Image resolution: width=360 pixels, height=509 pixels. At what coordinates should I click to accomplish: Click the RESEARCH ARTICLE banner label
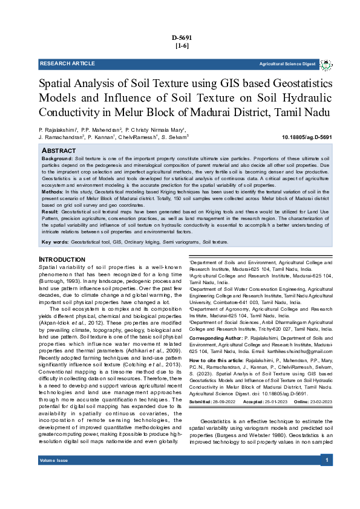click(67, 63)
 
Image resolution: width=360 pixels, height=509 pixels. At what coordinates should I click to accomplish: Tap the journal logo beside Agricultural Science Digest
click(326, 64)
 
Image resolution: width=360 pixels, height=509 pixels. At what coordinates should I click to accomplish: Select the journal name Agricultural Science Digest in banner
click(287, 64)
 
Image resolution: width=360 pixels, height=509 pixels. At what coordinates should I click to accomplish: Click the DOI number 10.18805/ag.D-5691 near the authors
click(307, 137)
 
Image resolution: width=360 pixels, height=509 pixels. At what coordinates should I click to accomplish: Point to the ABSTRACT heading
click(59, 149)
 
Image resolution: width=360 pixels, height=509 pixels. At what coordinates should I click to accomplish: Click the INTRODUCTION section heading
click(62, 259)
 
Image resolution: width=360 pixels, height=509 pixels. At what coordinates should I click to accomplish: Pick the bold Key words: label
click(54, 242)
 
